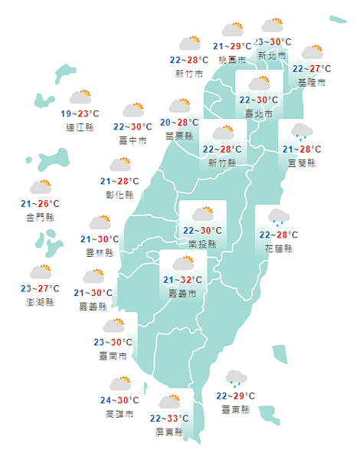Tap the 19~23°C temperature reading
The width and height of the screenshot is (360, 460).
(80, 114)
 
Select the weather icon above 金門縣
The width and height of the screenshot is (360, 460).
(41, 186)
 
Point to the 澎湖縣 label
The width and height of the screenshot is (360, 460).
(40, 301)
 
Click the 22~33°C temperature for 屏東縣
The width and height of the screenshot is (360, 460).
(170, 419)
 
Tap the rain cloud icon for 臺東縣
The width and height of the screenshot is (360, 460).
(235, 377)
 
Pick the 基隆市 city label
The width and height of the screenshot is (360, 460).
(311, 81)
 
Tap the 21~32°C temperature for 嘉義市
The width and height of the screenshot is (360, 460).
(182, 280)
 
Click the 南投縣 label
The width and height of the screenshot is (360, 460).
(202, 244)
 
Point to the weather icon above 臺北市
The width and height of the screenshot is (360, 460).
(258, 82)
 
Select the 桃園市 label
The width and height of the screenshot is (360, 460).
(232, 59)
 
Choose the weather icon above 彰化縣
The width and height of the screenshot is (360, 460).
(120, 164)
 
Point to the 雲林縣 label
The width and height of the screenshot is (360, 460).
(100, 252)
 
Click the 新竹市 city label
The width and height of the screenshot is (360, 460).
(189, 74)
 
